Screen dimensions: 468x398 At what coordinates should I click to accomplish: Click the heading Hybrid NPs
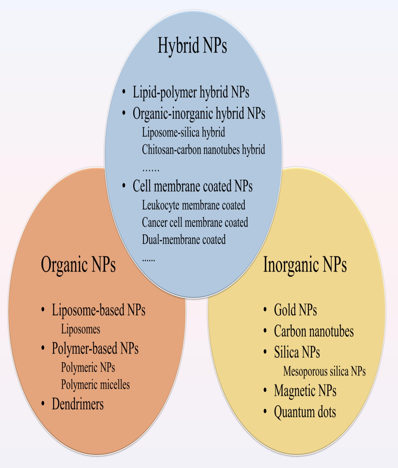click(x=192, y=46)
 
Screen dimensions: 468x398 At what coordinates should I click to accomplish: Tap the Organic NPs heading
click(x=78, y=265)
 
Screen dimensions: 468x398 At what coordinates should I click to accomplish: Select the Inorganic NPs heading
click(x=305, y=265)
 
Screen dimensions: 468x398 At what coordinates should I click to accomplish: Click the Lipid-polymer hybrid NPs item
click(x=191, y=93)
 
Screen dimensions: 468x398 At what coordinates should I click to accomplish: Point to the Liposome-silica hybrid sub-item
click(x=183, y=132)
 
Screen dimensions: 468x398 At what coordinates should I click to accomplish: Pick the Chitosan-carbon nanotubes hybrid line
click(x=203, y=150)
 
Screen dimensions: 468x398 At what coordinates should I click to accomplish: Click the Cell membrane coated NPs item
click(x=192, y=186)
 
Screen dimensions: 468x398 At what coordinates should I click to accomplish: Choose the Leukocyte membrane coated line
click(x=193, y=205)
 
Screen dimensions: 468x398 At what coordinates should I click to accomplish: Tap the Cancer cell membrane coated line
click(x=195, y=223)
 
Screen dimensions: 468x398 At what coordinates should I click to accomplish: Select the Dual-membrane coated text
click(x=184, y=240)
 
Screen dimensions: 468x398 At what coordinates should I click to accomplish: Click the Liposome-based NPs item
click(x=99, y=310)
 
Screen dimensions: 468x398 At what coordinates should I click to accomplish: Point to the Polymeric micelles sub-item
click(x=95, y=384)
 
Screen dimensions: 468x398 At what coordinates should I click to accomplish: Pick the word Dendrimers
click(x=78, y=404)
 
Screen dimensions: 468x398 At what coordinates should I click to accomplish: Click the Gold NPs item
click(x=295, y=310)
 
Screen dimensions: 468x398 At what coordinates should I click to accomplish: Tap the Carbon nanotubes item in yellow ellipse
click(x=314, y=332)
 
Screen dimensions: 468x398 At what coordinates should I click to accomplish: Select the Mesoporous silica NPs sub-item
click(x=324, y=371)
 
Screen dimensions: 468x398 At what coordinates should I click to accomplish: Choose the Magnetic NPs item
click(x=305, y=391)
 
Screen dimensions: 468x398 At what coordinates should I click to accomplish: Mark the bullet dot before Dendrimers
click(x=43, y=403)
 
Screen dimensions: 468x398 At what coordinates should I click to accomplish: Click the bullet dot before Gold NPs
click(x=265, y=310)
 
